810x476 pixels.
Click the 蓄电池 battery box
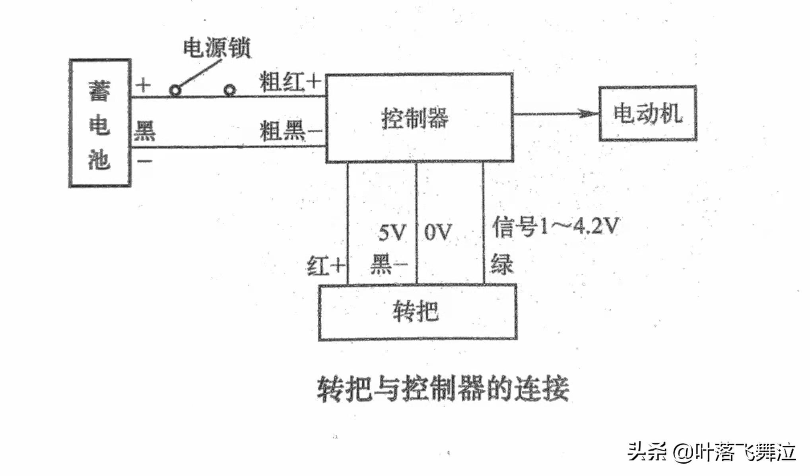(x=100, y=123)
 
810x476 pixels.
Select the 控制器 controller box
(x=420, y=118)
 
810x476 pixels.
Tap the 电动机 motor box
(x=648, y=113)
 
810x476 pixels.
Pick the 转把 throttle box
(x=418, y=312)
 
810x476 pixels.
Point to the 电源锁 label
(x=217, y=48)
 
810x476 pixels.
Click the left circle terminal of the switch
(x=175, y=91)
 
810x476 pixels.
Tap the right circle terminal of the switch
(x=229, y=91)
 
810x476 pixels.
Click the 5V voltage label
(x=392, y=233)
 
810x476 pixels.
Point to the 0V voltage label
(x=438, y=232)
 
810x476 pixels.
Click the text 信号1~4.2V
(x=556, y=227)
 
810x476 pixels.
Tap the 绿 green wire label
(x=502, y=264)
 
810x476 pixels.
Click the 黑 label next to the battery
(x=144, y=131)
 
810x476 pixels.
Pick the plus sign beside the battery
(x=143, y=85)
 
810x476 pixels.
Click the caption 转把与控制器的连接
(x=443, y=389)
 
